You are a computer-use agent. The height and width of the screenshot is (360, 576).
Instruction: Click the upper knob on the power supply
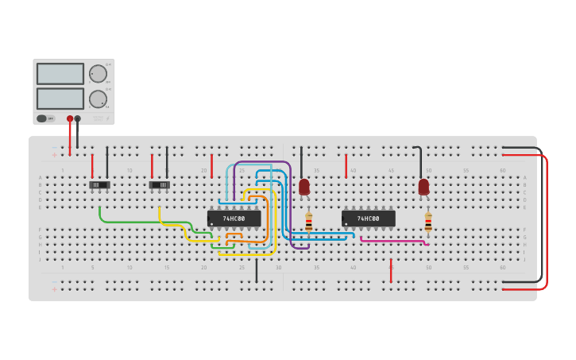pos(98,74)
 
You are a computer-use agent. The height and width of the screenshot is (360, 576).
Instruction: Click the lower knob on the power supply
pos(98,99)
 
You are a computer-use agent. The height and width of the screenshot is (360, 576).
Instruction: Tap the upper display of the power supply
pos(60,74)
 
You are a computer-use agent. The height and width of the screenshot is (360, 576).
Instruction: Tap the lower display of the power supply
pos(60,99)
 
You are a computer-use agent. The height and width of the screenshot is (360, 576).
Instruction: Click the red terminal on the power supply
pos(70,119)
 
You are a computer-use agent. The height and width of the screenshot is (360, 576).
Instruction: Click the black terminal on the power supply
pos(77,119)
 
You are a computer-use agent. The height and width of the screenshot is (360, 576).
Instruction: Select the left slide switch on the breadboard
pos(99,185)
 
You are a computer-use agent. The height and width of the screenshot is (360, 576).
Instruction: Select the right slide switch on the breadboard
pos(160,185)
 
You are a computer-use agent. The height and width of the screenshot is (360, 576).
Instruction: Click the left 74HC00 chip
pos(234,218)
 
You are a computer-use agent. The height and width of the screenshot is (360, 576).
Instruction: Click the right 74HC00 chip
pos(368,218)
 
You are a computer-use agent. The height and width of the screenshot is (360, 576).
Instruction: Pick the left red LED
pos(304,187)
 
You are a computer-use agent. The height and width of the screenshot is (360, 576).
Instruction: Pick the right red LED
pos(423,187)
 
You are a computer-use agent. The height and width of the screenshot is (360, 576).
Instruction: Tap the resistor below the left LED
pos(308,222)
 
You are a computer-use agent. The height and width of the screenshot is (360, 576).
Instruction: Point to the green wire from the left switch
pos(143,221)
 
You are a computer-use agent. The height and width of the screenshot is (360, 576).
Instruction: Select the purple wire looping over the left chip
pos(262,162)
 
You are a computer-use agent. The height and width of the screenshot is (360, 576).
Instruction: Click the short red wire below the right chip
pos(391,269)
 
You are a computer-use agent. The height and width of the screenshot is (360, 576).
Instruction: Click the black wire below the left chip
pos(256,269)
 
